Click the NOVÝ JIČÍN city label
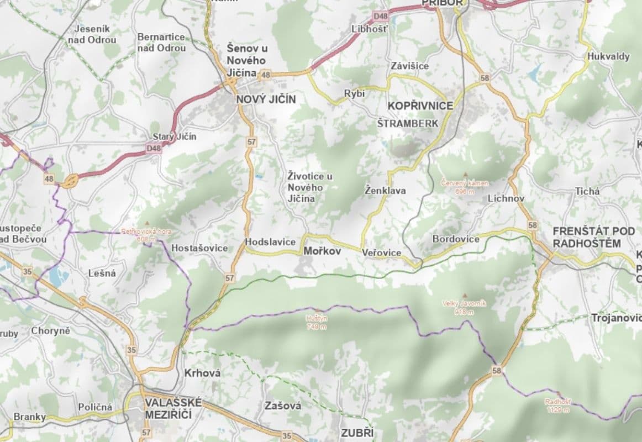266,99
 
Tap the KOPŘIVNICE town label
420,106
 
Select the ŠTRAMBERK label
407,123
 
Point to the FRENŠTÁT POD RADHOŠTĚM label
587,237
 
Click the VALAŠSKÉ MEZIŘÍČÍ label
173,408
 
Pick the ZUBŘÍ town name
356,433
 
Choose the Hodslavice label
270,242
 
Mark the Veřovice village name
382,252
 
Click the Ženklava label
385,191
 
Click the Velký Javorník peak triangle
464,296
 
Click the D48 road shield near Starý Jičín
154,148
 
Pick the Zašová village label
283,406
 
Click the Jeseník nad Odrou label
92,34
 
